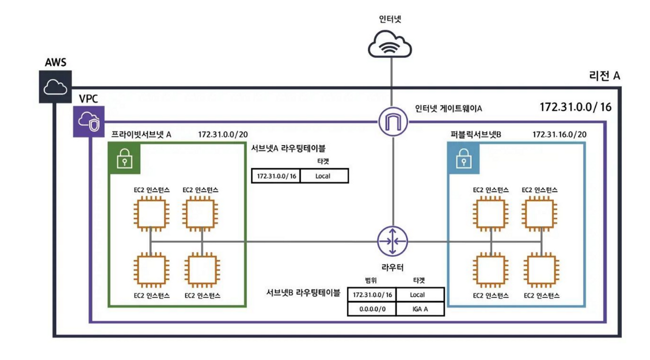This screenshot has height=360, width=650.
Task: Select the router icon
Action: [x=393, y=241]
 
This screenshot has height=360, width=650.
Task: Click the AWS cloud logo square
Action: [x=56, y=87]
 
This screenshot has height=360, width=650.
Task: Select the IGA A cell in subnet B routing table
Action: [x=419, y=309]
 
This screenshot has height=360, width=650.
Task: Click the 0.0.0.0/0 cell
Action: [x=372, y=309]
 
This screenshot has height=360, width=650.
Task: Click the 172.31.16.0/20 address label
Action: [x=560, y=135]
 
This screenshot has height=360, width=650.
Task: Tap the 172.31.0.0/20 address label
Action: [x=222, y=135]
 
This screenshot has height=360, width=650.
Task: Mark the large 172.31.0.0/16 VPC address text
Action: [x=575, y=107]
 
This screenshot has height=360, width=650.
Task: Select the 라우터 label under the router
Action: [x=393, y=267]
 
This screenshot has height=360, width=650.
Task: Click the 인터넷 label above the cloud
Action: [x=390, y=19]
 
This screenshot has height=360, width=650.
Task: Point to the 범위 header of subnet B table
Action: [x=371, y=280]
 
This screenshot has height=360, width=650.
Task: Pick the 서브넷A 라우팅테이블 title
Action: [x=288, y=148]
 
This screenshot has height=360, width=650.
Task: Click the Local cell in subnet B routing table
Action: [x=419, y=294]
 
